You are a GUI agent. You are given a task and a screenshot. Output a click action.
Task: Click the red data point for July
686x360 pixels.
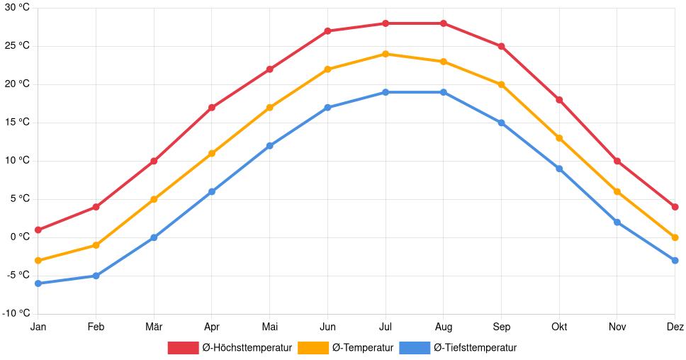click(385, 23)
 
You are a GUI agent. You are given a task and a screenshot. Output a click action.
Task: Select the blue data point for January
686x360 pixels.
click(38, 283)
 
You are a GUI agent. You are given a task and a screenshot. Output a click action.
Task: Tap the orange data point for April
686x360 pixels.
click(212, 153)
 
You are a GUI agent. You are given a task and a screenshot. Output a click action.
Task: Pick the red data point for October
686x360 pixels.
click(559, 100)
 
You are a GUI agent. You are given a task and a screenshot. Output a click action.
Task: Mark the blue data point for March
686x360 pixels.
click(154, 237)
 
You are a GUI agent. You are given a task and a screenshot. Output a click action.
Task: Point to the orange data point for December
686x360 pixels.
click(675, 237)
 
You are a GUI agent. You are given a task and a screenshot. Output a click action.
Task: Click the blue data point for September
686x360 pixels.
click(501, 123)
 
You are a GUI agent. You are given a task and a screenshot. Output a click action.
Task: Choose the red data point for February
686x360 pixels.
click(96, 207)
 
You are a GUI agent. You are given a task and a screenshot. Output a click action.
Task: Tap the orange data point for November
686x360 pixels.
click(617, 191)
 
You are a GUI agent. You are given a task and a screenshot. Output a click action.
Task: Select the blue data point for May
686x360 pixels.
click(269, 146)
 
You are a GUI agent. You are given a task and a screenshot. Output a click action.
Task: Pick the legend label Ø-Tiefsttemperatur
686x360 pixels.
click(475, 348)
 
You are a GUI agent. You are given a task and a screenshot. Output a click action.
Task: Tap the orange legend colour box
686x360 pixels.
click(313, 348)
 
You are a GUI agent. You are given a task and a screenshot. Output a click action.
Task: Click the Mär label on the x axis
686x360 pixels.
click(154, 327)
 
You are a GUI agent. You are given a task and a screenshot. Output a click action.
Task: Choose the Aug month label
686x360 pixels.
click(443, 327)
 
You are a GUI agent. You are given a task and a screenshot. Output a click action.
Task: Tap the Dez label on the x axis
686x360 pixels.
click(675, 327)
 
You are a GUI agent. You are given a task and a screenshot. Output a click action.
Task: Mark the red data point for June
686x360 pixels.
click(327, 31)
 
